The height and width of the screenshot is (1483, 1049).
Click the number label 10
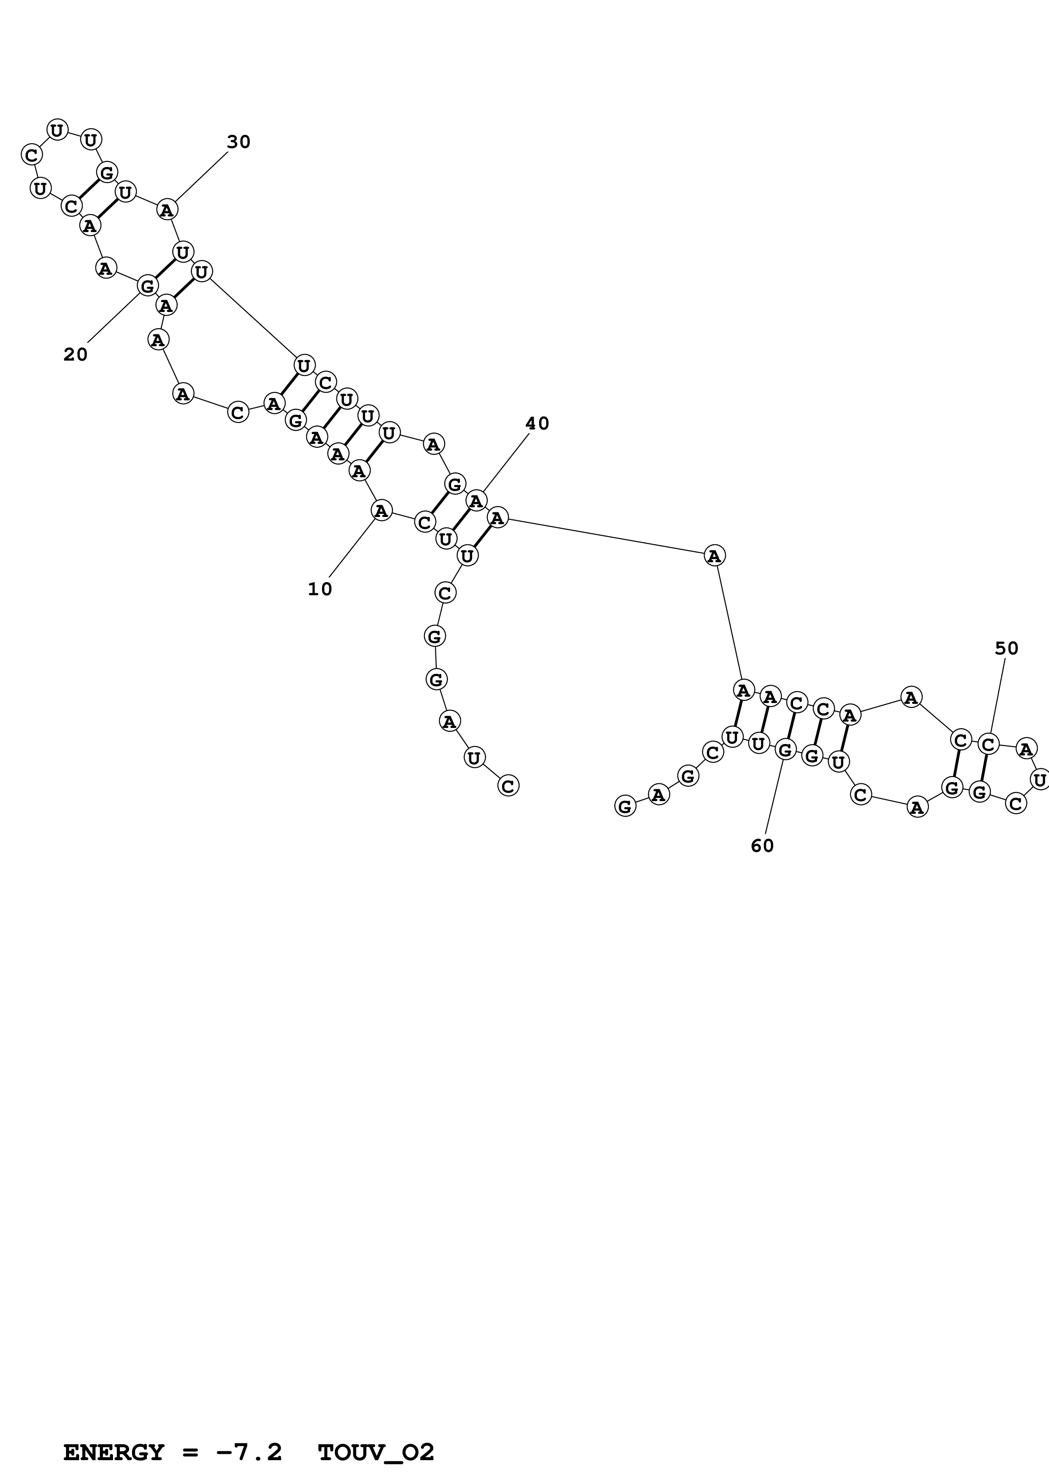pyautogui.click(x=320, y=589)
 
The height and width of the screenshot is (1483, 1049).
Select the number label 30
pyautogui.click(x=239, y=142)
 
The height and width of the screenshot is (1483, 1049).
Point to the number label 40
pyautogui.click(x=537, y=424)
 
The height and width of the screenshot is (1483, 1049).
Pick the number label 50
pyautogui.click(x=1006, y=648)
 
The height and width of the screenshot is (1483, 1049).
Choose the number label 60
pyautogui.click(x=762, y=846)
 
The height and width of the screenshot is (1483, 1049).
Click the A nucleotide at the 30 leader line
pyautogui.click(x=167, y=210)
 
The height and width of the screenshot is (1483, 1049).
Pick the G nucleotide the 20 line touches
pyautogui.click(x=147, y=285)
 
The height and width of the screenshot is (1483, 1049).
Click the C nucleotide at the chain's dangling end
pyautogui.click(x=508, y=786)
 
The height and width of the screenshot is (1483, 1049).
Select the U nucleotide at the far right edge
pyautogui.click(x=1039, y=780)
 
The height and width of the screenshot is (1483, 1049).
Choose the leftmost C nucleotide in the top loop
pyautogui.click(x=31, y=155)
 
